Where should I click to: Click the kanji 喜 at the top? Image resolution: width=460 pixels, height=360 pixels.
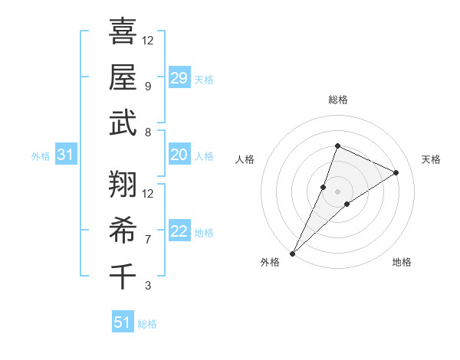pos(123,32)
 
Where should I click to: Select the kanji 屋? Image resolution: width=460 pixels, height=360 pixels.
pos(123,77)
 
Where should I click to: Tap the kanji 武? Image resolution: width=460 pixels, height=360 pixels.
pos(123,123)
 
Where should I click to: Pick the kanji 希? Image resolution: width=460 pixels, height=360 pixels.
pos(123,228)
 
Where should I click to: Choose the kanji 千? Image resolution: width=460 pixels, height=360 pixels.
pos(123,274)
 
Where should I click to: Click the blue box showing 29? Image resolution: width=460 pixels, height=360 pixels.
pos(179,77)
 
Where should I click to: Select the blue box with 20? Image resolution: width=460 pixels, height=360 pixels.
pos(179,155)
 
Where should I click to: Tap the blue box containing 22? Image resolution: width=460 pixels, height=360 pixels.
pos(179,231)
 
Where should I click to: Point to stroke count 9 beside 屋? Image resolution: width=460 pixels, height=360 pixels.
pos(148,86)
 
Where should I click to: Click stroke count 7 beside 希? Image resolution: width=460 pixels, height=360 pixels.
pos(148,240)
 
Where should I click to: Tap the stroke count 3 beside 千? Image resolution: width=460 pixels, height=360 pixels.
pos(148,286)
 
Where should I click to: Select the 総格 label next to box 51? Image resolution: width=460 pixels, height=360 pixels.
pos(147,324)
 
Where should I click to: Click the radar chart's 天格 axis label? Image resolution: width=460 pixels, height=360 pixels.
pos(431,159)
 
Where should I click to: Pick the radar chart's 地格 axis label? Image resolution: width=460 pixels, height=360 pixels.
pos(402,262)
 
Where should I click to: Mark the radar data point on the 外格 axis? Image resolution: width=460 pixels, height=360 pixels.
pos(293,253)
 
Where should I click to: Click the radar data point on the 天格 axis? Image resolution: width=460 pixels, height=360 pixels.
pos(396,172)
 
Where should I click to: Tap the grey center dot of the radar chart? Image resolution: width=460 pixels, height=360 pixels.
pos(337,191)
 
